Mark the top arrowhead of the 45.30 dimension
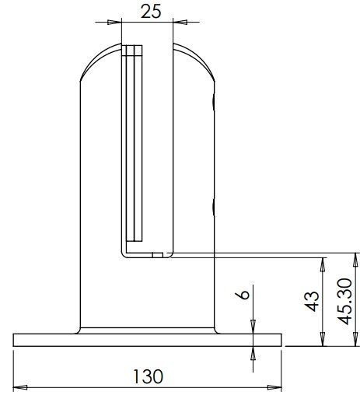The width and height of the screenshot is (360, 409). click(x=355, y=258)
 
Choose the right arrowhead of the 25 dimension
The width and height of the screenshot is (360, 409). click(x=176, y=22)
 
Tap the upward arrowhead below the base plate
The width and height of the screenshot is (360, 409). click(x=253, y=352)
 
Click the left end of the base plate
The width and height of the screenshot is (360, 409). click(x=16, y=340)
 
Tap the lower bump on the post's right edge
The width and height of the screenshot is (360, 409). click(x=212, y=207)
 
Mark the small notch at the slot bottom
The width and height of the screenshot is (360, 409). click(x=158, y=253)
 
